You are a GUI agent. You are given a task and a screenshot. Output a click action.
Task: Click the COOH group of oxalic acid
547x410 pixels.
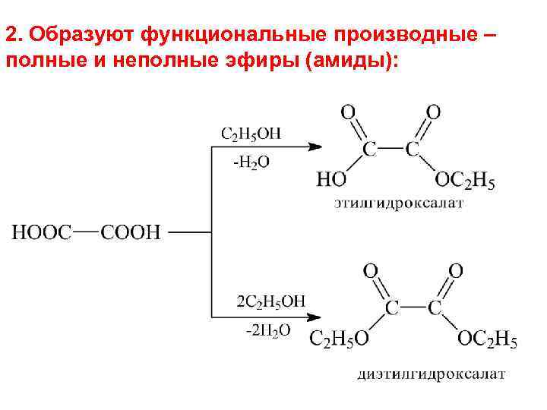pyautogui.click(x=131, y=232)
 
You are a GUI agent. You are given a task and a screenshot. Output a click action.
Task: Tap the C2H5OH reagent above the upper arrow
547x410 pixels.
pyautogui.click(x=251, y=134)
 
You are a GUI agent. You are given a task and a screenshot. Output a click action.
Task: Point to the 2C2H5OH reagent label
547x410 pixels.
pyautogui.click(x=271, y=301)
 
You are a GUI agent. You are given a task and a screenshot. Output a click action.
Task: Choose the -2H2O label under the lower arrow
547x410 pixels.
pyautogui.click(x=268, y=330)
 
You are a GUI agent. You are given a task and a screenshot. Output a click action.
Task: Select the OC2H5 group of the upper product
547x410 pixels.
pyautogui.click(x=465, y=181)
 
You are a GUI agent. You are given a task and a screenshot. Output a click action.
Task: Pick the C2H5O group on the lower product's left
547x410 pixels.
pyautogui.click(x=340, y=339)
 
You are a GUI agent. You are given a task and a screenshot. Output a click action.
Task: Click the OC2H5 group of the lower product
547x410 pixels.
pyautogui.click(x=487, y=339)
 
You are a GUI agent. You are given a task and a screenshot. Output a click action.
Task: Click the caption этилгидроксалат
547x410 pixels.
pyautogui.click(x=399, y=204)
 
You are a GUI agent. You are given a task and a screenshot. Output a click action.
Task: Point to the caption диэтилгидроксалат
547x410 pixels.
pyautogui.click(x=431, y=374)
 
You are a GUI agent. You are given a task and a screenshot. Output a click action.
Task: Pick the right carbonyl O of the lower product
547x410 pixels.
pyautogui.click(x=456, y=271)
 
